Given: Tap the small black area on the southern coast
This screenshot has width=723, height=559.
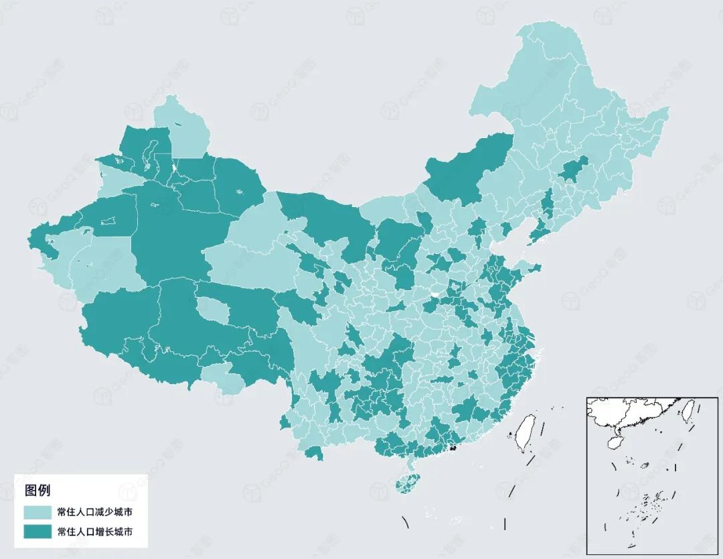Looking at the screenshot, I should (x=453, y=447).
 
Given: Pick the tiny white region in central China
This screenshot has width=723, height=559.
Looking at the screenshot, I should (x=436, y=294).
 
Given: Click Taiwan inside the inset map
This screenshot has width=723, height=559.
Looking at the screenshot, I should (x=688, y=408).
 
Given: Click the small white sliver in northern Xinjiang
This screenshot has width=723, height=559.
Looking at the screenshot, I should (x=173, y=167).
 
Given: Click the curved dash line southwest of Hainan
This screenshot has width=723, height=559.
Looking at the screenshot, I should (x=406, y=521).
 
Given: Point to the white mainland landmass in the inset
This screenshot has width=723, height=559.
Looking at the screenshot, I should (x=629, y=412).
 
